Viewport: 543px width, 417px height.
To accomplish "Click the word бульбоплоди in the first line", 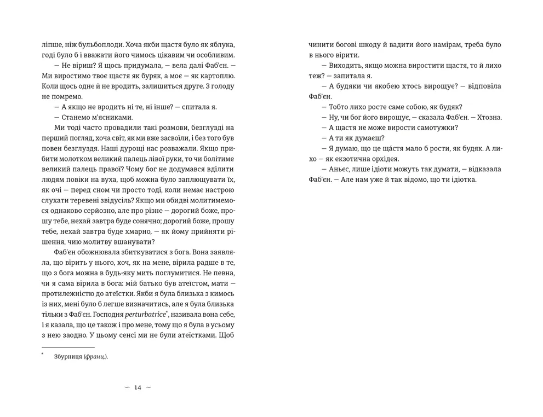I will click(x=95, y=45).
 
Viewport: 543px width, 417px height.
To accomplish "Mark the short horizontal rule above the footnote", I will click(x=68, y=346).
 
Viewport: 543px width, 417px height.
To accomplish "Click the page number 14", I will click(x=137, y=387).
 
